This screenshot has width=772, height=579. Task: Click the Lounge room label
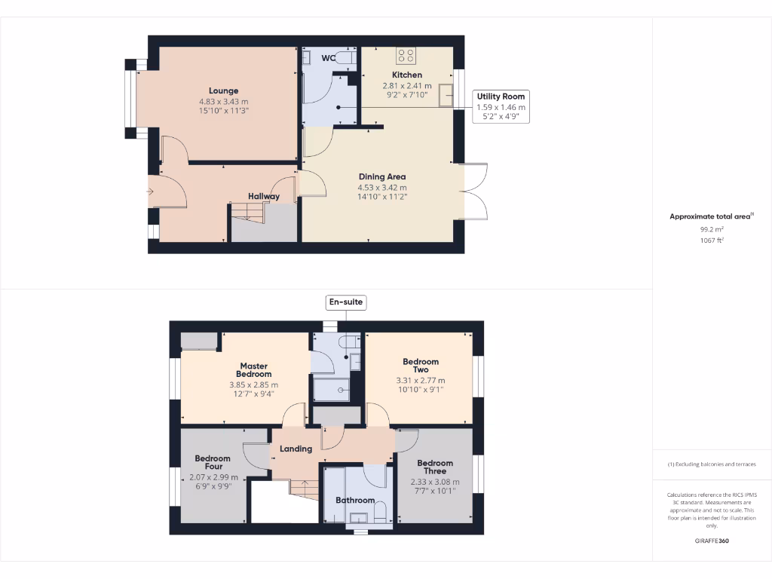pos(223,90)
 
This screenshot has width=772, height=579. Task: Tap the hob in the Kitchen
pos(406,55)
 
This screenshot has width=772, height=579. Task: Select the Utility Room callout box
pos(501,106)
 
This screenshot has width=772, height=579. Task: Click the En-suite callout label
pos(345,302)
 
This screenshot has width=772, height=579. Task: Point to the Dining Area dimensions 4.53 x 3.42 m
pos(382,188)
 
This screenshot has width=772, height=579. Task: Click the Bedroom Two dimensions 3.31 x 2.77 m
pos(421,381)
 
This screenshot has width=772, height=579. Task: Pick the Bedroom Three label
pos(435,467)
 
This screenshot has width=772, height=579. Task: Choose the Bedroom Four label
pos(213,463)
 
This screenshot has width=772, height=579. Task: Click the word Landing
pos(296,449)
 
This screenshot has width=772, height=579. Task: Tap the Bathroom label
pos(355,500)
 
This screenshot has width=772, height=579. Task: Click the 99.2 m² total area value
pos(712,228)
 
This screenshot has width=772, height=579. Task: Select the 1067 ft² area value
pos(712,240)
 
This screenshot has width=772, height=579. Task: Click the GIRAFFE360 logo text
pos(712,541)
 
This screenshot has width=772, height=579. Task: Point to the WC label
pos(328,58)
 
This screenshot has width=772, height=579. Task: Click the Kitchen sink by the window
pos(446,96)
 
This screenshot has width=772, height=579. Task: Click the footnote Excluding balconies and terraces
pos(712,464)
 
